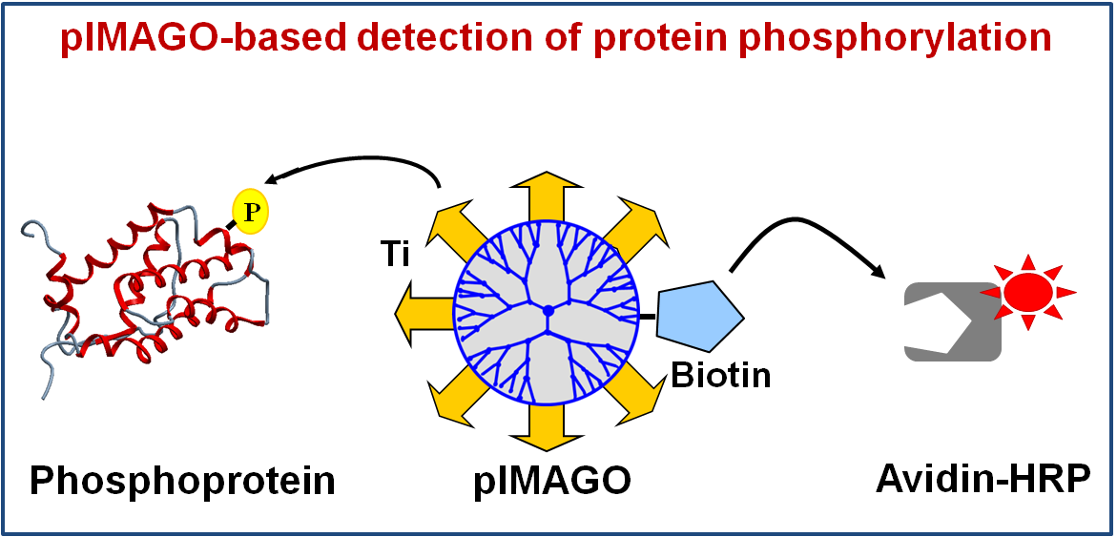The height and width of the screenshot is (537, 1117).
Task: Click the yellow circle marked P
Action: [251, 212]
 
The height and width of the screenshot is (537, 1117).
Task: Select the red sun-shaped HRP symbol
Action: [1027, 290]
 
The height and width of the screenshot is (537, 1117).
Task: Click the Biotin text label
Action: [720, 376]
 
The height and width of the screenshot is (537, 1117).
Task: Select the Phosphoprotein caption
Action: [182, 480]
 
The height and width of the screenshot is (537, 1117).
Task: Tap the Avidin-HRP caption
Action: [982, 478]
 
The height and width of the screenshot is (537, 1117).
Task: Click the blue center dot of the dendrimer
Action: [548, 311]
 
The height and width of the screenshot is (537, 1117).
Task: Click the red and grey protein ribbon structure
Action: [143, 286]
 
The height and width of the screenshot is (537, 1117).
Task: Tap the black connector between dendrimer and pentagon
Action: [648, 314]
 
